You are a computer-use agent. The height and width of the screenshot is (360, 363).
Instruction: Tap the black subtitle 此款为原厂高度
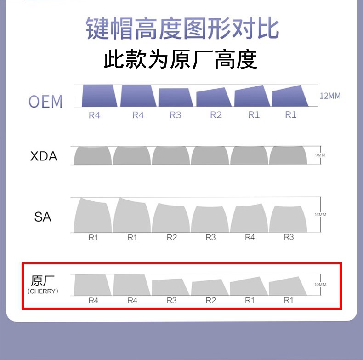180,60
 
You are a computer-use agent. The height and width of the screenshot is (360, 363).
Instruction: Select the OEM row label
45,102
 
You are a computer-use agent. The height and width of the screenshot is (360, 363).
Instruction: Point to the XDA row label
44,156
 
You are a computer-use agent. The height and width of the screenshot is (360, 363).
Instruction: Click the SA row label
43,216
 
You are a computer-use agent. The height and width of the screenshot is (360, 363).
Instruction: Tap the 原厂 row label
43,280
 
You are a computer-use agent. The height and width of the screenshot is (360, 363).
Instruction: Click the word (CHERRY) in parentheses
43,291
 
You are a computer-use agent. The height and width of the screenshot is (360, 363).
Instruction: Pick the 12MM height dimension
330,96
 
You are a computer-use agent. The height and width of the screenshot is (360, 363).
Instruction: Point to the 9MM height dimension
320,155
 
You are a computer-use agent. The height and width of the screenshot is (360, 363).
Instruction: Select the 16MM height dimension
320,215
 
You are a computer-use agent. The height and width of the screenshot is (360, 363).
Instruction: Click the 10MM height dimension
320,285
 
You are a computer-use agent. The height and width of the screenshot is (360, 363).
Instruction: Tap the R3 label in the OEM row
176,115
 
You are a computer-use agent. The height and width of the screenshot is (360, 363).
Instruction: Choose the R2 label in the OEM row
216,115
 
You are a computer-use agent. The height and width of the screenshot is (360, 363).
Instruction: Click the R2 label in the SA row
171,238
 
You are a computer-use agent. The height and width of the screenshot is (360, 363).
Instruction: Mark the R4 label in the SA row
250,238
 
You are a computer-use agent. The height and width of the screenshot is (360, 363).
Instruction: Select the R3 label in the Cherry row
171,301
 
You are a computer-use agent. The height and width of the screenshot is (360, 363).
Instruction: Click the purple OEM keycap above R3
176,97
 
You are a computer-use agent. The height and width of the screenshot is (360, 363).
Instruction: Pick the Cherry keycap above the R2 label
210,288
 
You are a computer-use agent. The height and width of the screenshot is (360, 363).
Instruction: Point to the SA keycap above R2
171,218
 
